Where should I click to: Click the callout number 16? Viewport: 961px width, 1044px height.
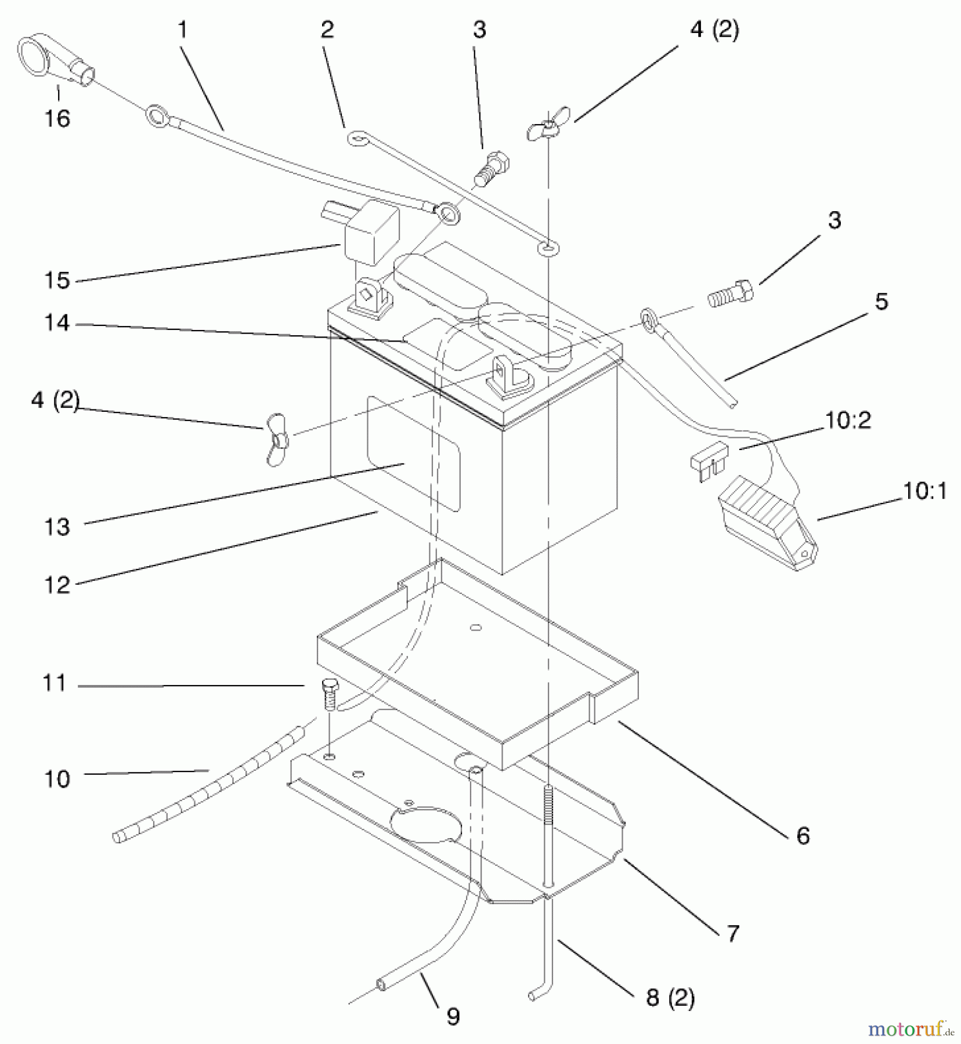(x=57, y=118)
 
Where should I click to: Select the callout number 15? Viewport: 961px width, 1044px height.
(x=57, y=280)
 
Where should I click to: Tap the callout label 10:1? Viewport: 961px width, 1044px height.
(x=925, y=491)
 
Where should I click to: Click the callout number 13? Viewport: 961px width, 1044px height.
(x=57, y=527)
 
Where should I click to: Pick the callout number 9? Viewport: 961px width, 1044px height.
(x=453, y=1017)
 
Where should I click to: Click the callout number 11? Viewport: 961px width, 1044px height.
(x=55, y=683)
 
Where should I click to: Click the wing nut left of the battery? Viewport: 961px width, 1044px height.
(x=277, y=438)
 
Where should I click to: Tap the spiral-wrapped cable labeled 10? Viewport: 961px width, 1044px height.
(x=209, y=784)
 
